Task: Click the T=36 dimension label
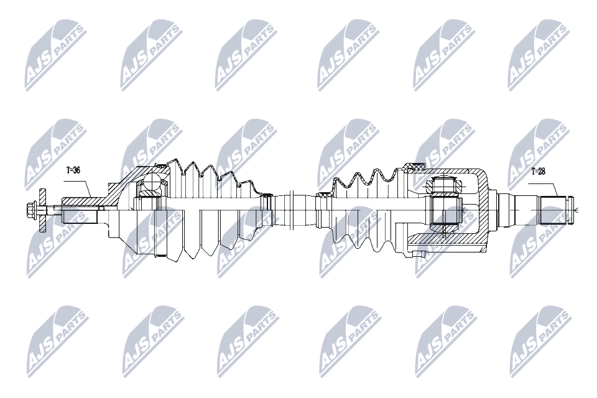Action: pyautogui.click(x=73, y=170)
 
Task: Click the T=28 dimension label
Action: pyautogui.click(x=538, y=172)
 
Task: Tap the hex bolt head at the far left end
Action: pyautogui.click(x=30, y=209)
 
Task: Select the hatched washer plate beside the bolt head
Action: pyautogui.click(x=42, y=209)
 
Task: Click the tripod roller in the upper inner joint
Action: pyautogui.click(x=444, y=186)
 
